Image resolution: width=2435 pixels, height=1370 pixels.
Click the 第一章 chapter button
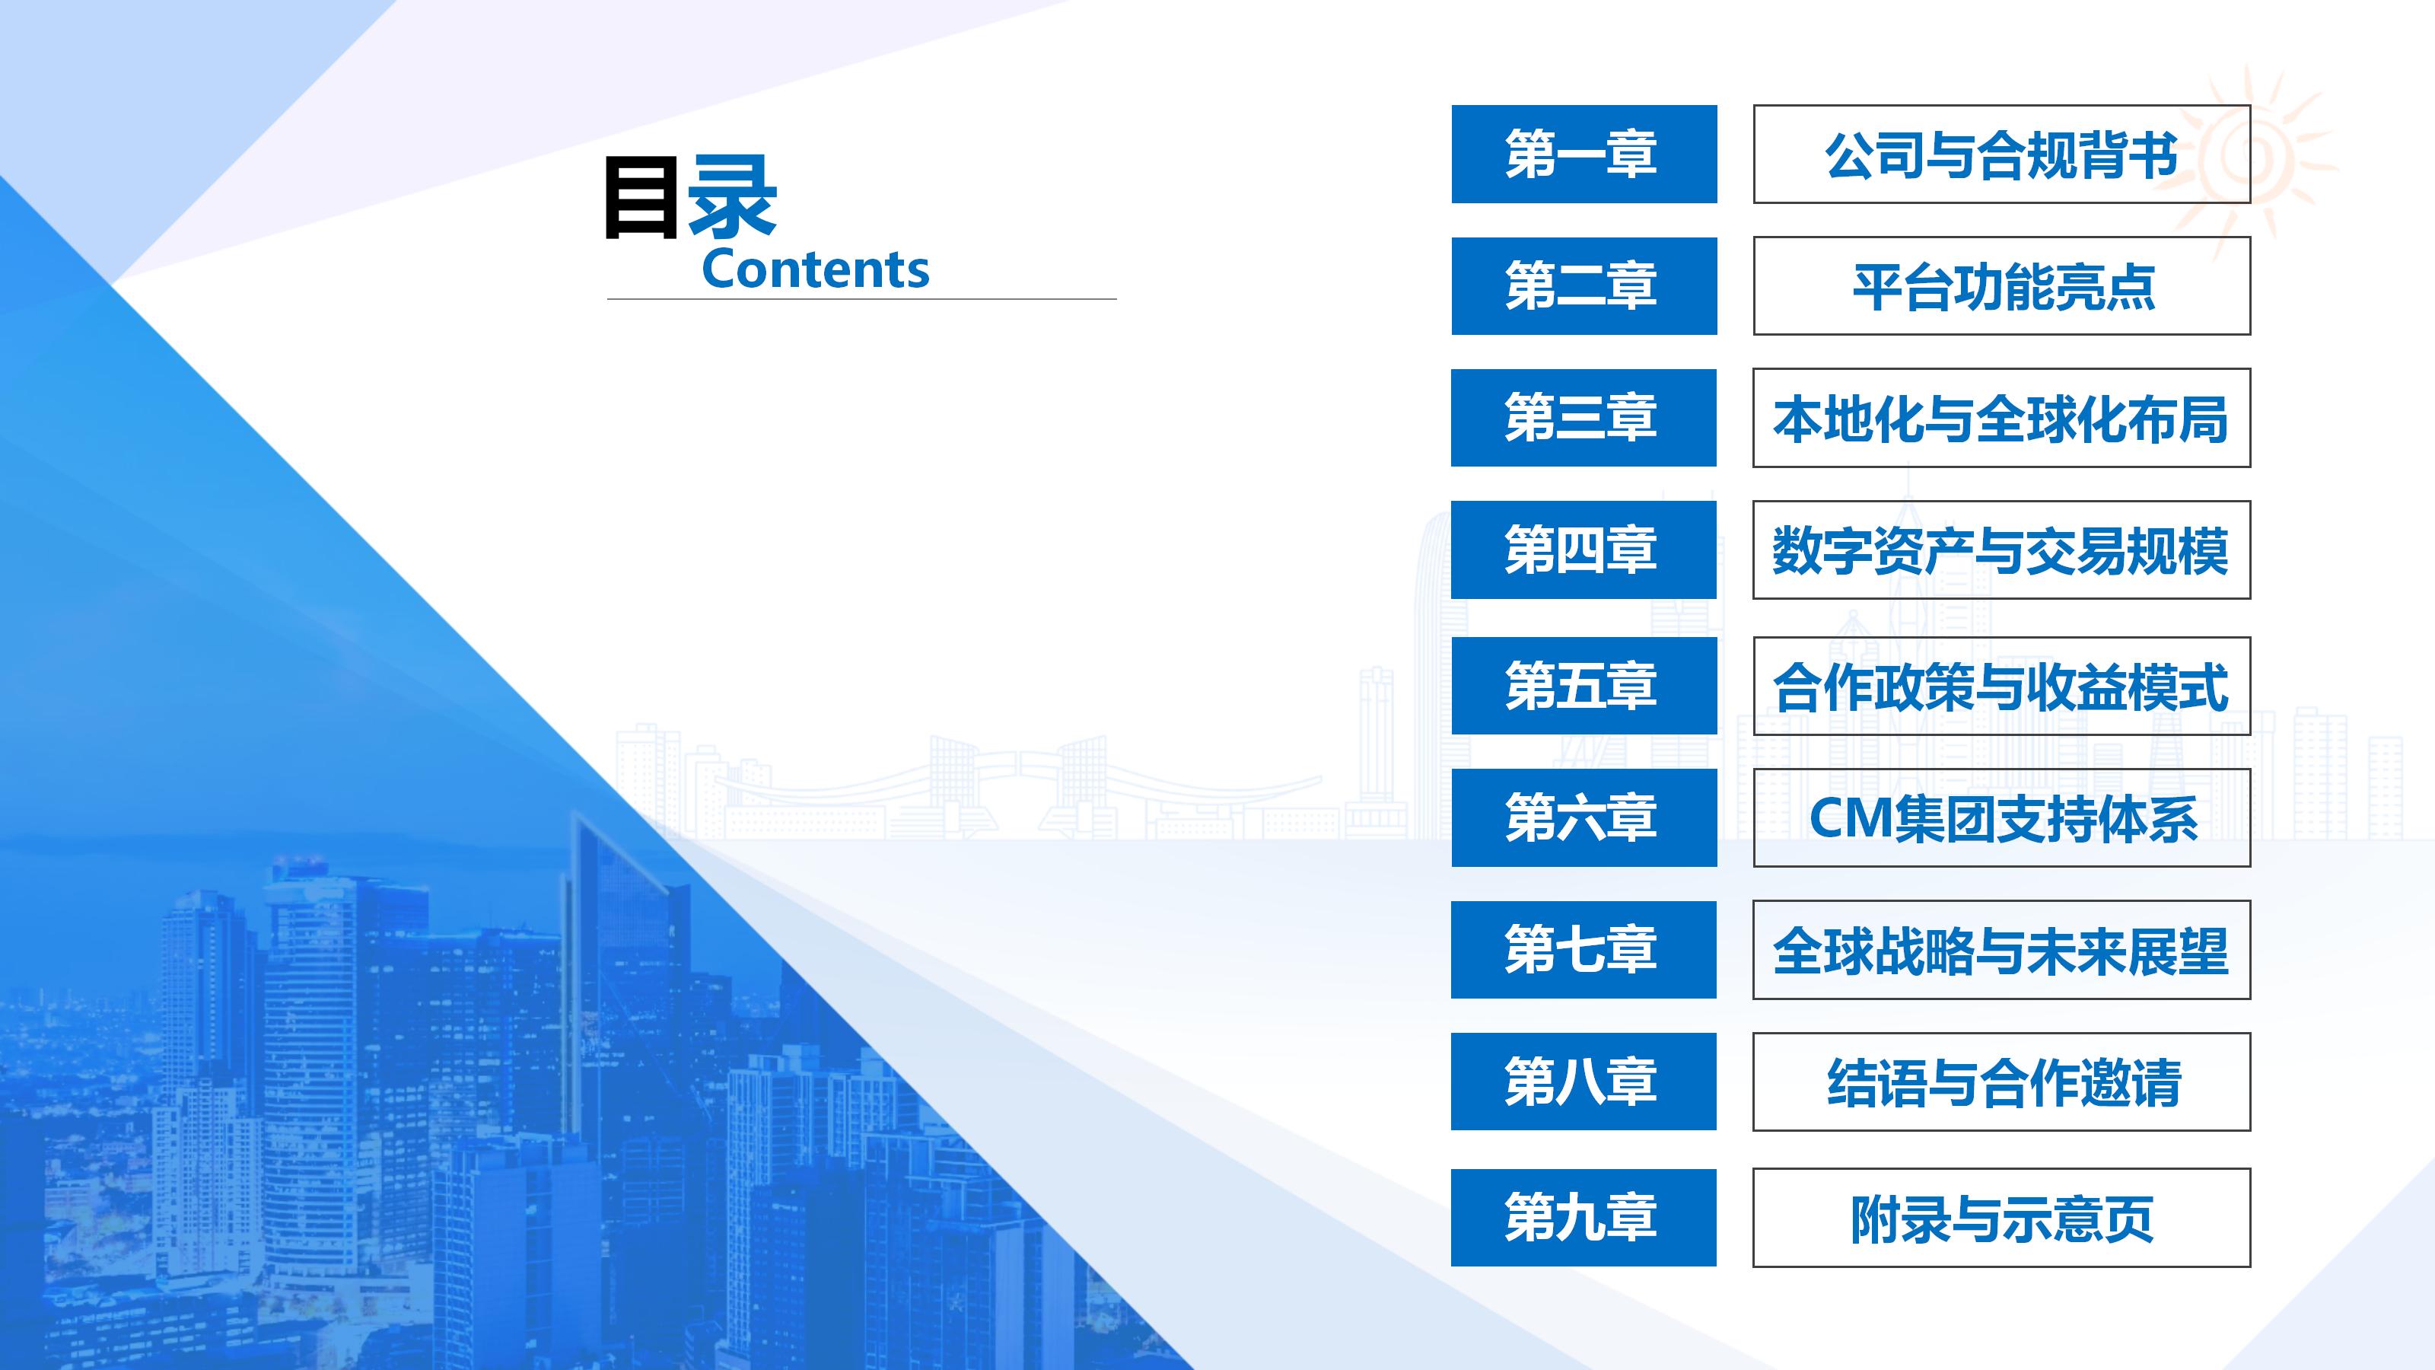[1584, 154]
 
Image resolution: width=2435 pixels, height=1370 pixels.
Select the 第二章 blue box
[1584, 285]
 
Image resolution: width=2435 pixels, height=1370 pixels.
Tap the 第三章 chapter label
[1584, 418]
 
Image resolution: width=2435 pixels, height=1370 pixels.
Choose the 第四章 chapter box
[1584, 550]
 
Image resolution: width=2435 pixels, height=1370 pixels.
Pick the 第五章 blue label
[1584, 686]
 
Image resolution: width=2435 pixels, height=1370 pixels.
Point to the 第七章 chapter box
[1584, 949]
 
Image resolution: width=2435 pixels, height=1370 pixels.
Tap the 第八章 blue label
[1584, 1082]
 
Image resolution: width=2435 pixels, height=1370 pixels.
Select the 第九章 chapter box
[1584, 1218]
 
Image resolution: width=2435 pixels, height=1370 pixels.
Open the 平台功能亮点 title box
[2001, 285]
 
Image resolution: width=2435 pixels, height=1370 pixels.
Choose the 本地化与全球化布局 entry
[2001, 418]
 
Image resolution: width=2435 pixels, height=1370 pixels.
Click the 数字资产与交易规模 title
[2001, 550]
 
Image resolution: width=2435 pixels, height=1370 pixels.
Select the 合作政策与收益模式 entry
[2001, 686]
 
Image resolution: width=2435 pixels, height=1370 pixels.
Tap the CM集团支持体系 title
[2001, 818]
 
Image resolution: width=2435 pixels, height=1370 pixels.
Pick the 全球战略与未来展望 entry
[2001, 949]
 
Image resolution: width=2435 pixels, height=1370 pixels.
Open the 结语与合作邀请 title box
[2001, 1082]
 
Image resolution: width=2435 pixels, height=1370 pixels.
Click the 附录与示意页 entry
[2001, 1218]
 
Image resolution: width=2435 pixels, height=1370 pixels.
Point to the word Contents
[815, 269]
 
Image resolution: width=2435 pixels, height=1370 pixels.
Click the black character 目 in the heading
[641, 198]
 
